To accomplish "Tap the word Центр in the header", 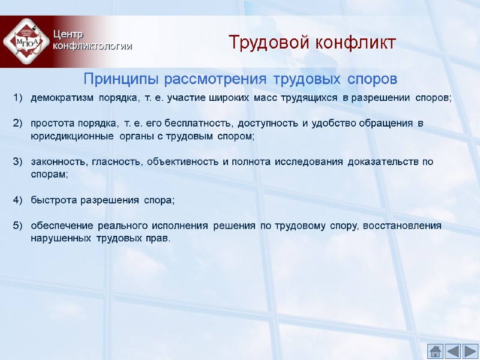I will pos(67,35).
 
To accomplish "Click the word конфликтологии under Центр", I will pos(92,46).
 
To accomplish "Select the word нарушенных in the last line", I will pos(61,238).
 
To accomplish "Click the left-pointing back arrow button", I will pos(453,351).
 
